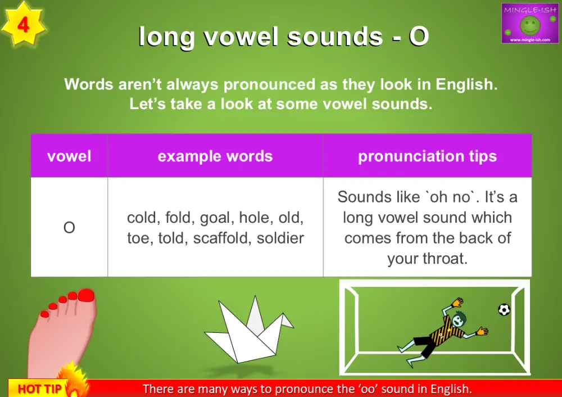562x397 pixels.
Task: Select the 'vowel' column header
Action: click(x=69, y=156)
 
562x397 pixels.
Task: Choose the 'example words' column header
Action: click(x=215, y=156)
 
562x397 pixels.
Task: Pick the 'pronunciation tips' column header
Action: click(x=427, y=156)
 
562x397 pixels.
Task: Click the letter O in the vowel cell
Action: click(x=69, y=228)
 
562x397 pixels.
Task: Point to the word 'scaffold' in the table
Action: click(x=222, y=238)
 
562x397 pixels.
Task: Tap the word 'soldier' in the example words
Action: click(x=280, y=238)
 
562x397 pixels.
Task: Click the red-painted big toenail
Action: click(x=87, y=296)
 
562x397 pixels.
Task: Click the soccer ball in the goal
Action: click(x=504, y=309)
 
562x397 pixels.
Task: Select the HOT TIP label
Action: click(x=39, y=389)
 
